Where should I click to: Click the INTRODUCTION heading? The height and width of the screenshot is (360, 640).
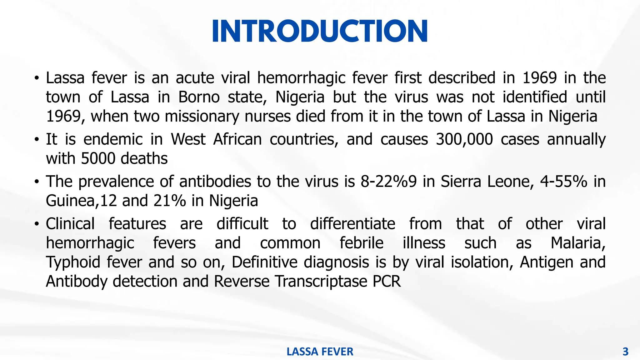click(x=320, y=31)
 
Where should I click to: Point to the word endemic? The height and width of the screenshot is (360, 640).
click(x=113, y=139)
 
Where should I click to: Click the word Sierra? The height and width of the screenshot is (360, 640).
click(x=461, y=182)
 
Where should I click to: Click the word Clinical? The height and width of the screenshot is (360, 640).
click(x=70, y=224)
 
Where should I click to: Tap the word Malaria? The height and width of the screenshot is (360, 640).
click(x=578, y=243)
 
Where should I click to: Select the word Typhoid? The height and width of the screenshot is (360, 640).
click(x=73, y=262)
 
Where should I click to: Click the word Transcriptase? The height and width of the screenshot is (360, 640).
click(x=322, y=282)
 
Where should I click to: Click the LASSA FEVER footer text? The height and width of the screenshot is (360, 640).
click(x=320, y=352)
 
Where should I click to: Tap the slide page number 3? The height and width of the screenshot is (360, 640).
click(x=625, y=352)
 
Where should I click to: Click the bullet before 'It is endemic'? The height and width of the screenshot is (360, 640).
click(x=37, y=139)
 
